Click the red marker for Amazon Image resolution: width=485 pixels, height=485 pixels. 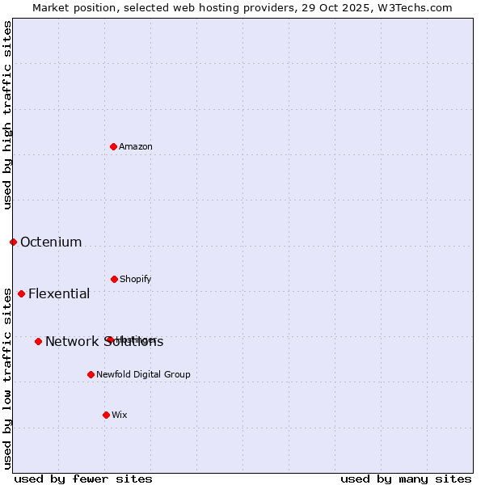(114, 146)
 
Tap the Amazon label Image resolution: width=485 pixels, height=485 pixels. (136, 146)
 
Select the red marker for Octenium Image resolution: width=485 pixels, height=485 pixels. (13, 242)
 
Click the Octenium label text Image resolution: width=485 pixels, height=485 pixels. (51, 242)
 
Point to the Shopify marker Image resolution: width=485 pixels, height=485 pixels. (114, 279)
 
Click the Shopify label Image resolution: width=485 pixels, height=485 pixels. (136, 279)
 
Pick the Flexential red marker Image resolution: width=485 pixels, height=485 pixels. (21, 293)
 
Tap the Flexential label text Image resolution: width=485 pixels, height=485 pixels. (59, 293)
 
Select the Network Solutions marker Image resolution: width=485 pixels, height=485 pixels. (38, 341)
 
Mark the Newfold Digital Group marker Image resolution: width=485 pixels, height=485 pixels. (91, 374)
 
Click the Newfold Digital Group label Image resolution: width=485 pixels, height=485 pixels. (143, 374)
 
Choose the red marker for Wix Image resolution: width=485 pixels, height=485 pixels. (106, 415)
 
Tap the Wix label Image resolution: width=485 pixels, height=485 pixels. (120, 415)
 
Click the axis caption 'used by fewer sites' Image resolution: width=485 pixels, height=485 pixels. (83, 479)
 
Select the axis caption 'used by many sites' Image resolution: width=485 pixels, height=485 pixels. (406, 479)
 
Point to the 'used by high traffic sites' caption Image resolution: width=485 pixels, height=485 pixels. (7, 115)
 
